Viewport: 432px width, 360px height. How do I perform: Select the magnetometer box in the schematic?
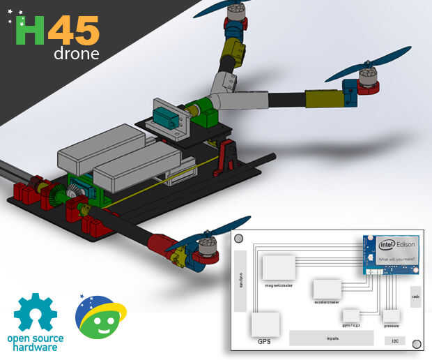point(278,268)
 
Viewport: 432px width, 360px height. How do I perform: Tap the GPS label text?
point(264,342)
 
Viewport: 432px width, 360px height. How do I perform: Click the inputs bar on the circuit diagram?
point(332,338)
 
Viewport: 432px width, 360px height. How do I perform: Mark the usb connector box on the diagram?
point(415,297)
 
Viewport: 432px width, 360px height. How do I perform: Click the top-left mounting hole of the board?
point(239,239)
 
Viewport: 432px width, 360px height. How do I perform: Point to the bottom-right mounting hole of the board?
point(417,343)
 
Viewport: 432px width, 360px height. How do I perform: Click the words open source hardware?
point(35,343)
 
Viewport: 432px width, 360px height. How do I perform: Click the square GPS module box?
point(265,324)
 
